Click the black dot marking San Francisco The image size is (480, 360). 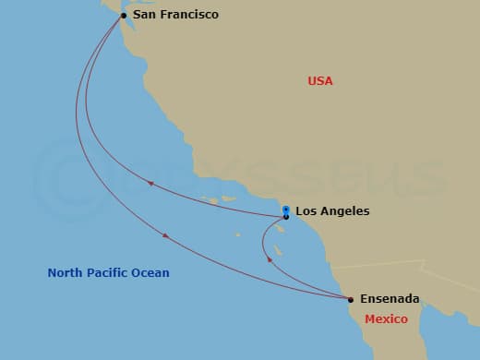[x=124, y=16]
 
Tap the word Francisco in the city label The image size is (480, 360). [x=188, y=15]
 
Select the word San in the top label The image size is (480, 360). [x=145, y=15]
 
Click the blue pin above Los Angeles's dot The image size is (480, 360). [x=286, y=210]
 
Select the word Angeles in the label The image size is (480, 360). [x=346, y=211]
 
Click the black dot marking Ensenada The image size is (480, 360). [x=351, y=299]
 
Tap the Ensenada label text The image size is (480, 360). [x=390, y=299]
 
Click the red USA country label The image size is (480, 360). [x=320, y=81]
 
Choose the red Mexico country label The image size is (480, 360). [x=386, y=318]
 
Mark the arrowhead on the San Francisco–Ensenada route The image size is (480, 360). [x=165, y=236]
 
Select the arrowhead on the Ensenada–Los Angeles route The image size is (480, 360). [x=270, y=259]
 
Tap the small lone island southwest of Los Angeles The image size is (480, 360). [x=237, y=234]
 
